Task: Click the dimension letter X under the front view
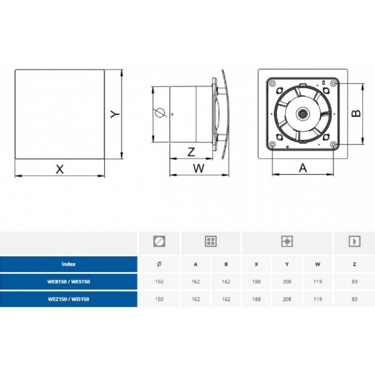[x=60, y=169]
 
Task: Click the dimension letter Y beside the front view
[x=115, y=114]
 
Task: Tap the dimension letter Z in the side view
[x=191, y=152]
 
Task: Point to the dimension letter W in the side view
[x=198, y=168]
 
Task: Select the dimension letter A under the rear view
[x=303, y=168]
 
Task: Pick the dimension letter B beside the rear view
[x=356, y=113]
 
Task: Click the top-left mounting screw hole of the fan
[x=272, y=84]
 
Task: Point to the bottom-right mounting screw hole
[x=334, y=144]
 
